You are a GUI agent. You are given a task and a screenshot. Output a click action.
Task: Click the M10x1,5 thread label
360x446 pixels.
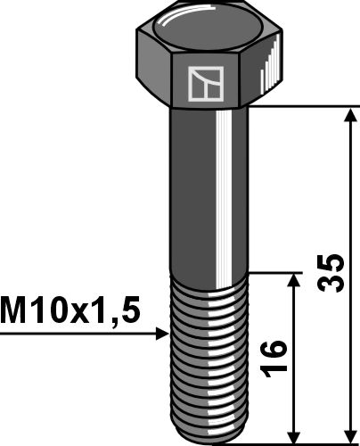click(x=70, y=310)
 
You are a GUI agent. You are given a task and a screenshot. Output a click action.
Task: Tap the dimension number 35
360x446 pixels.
click(x=331, y=273)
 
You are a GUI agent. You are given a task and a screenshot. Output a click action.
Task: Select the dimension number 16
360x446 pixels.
click(x=274, y=359)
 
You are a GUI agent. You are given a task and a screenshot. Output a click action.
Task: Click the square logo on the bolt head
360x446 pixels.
click(x=206, y=84)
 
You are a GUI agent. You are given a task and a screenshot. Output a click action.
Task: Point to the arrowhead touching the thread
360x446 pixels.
click(x=162, y=334)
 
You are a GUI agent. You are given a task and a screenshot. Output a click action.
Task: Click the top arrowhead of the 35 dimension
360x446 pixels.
click(x=352, y=115)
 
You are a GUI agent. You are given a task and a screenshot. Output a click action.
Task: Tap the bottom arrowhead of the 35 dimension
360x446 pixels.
click(x=352, y=437)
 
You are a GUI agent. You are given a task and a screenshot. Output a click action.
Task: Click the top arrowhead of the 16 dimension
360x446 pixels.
click(x=294, y=280)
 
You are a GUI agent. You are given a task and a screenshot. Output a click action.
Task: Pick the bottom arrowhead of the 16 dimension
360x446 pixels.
click(x=294, y=437)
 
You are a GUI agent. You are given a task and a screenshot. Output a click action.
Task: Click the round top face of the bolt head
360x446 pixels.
click(x=209, y=29)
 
